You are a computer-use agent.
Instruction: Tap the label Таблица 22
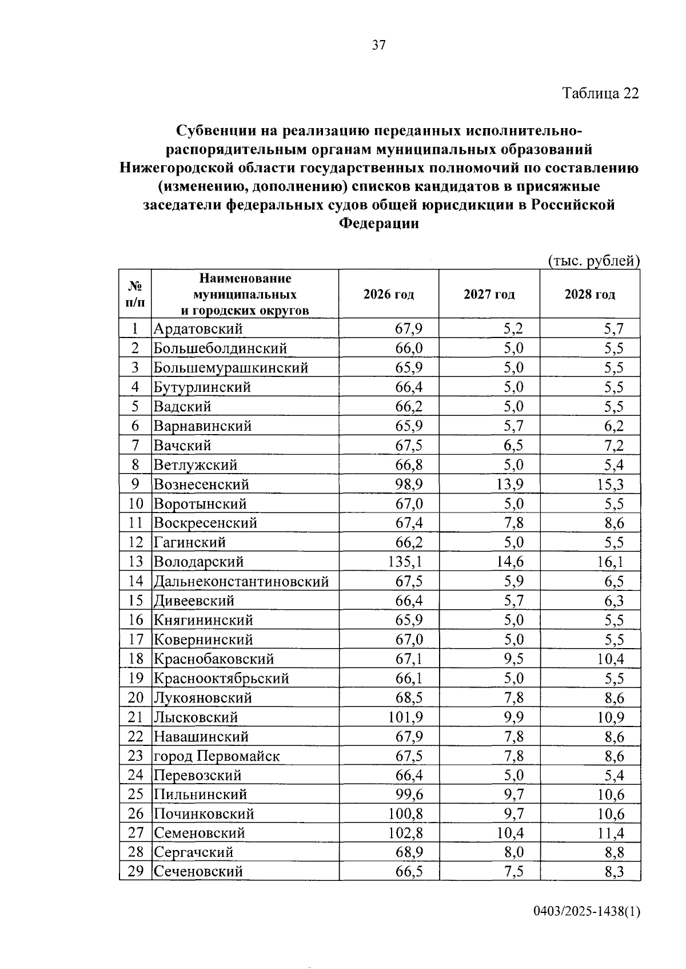(600, 93)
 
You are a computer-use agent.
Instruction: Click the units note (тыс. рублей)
(593, 261)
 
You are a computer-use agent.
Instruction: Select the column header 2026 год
(389, 295)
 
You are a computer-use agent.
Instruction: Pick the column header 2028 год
(590, 295)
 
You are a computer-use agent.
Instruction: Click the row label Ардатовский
(198, 329)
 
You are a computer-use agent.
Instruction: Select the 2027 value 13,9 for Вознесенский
(510, 484)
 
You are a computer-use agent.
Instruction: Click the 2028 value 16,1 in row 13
(611, 562)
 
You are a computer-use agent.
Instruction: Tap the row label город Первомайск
(217, 756)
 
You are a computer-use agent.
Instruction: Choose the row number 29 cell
(135, 871)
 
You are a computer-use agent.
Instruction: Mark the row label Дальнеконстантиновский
(241, 581)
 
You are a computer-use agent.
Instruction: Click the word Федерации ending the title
(379, 224)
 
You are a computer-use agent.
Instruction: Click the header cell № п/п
(135, 293)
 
